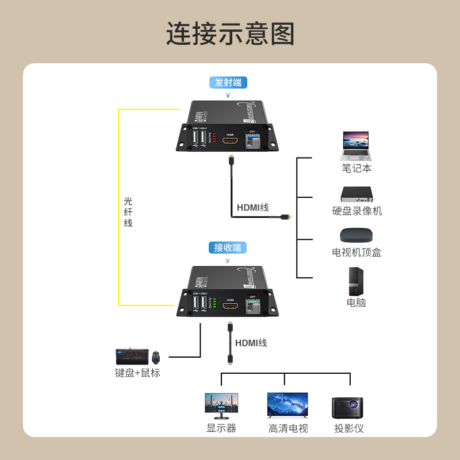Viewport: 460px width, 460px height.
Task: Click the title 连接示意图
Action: click(230, 34)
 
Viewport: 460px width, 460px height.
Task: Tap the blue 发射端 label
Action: click(228, 82)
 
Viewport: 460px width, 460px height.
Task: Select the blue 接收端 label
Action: click(228, 248)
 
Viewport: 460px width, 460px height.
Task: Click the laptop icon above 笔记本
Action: click(356, 146)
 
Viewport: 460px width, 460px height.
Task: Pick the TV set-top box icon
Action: click(356, 235)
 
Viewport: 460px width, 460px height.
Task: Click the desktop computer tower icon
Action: click(356, 281)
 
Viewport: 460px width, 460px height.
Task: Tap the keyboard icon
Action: click(132, 356)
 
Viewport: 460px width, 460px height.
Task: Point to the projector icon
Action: click(348, 407)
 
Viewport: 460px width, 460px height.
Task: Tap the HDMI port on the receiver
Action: click(230, 306)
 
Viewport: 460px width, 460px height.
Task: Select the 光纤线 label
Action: click(128, 212)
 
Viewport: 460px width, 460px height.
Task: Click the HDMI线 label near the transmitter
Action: click(253, 208)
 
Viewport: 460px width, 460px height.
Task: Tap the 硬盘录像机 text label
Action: click(357, 211)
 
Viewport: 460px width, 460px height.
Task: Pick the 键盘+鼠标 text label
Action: click(138, 373)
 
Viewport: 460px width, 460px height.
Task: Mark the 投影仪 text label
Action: click(349, 428)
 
